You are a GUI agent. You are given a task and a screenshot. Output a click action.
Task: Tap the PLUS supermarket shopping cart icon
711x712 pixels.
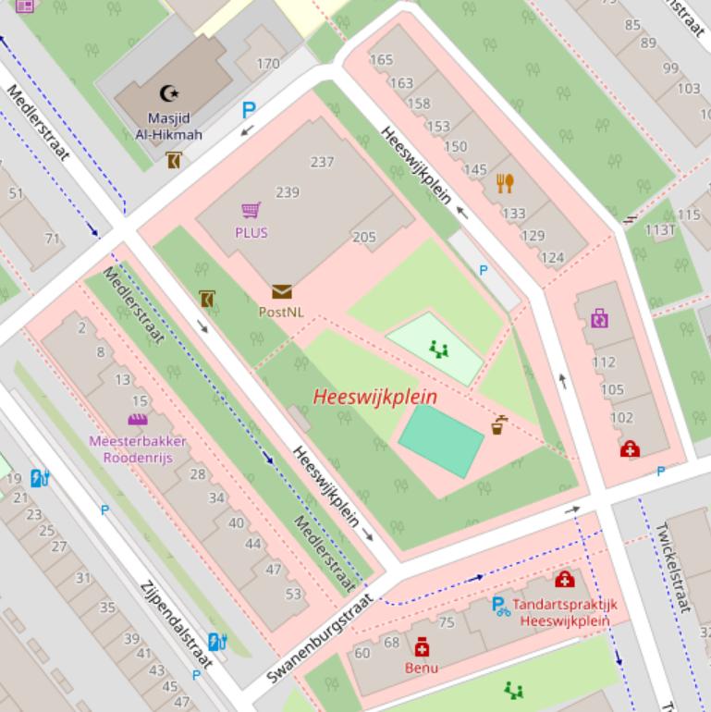click(251, 211)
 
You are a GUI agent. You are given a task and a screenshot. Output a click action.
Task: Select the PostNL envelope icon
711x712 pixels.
click(281, 292)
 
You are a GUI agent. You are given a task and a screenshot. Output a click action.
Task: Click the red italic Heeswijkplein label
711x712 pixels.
click(374, 397)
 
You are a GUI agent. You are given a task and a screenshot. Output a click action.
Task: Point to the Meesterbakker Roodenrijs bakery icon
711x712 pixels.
click(139, 420)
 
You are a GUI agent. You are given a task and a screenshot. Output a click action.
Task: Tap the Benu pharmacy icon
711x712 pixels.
click(422, 646)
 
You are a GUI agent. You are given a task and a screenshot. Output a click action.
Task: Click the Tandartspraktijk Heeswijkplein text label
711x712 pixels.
click(565, 612)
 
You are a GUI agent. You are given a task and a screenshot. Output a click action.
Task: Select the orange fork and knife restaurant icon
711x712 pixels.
click(505, 183)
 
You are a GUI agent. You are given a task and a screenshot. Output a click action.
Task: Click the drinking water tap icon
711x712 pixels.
click(498, 425)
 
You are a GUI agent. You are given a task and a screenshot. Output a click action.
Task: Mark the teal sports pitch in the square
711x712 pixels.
click(441, 441)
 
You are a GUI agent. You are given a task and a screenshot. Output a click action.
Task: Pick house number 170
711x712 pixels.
click(268, 64)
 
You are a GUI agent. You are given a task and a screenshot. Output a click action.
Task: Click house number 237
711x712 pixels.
click(322, 162)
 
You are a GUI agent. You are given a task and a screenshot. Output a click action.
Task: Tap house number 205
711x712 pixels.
click(364, 237)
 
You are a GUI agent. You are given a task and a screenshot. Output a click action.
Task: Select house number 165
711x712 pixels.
click(381, 60)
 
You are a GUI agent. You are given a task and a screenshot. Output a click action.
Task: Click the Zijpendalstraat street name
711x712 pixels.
click(176, 623)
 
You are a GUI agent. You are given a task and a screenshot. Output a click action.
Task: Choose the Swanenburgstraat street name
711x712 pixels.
click(319, 639)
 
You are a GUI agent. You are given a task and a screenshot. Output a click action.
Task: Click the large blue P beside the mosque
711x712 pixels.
click(248, 111)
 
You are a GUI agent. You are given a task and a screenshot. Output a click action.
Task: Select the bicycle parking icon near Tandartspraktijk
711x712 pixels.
click(500, 607)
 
